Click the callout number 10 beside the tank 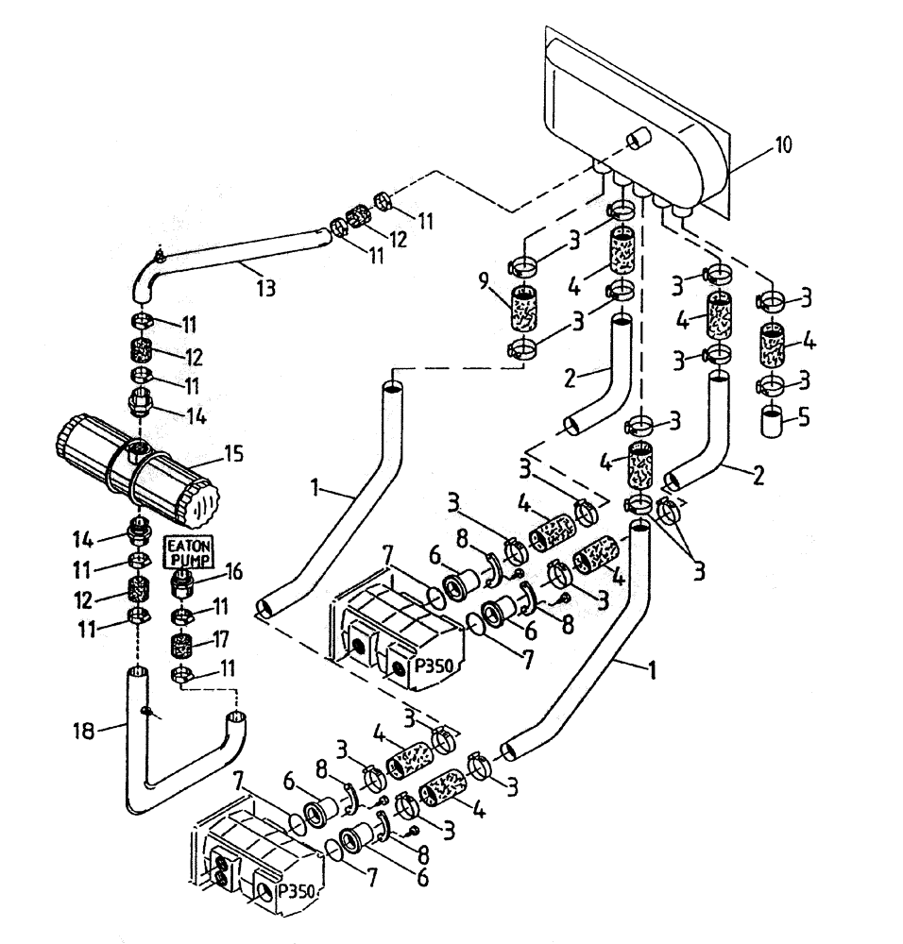coord(783,145)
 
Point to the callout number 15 coord(232,454)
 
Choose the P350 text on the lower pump coord(297,889)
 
